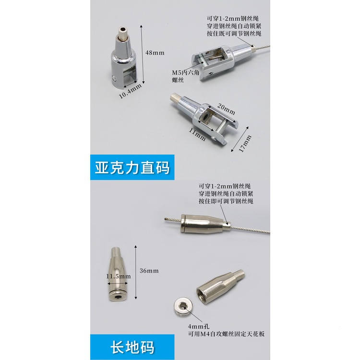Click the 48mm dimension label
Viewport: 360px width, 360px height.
155,53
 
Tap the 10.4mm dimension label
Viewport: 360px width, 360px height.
130,91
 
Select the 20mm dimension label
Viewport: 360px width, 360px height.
226,109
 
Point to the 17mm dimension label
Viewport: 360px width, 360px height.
245,144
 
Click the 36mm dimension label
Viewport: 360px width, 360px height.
149,271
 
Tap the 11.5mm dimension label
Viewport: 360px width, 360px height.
118,276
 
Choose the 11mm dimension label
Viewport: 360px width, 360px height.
197,134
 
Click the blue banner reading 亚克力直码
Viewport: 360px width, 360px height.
132,167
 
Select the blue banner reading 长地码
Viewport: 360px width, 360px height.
132,347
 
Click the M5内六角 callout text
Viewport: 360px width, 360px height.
185,73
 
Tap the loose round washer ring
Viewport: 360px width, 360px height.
182,307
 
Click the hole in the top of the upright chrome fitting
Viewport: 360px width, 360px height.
123,29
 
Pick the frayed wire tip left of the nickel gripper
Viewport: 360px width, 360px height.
166,219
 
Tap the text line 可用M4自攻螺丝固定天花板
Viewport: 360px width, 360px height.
227,334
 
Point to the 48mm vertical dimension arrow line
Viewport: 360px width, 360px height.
142,55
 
